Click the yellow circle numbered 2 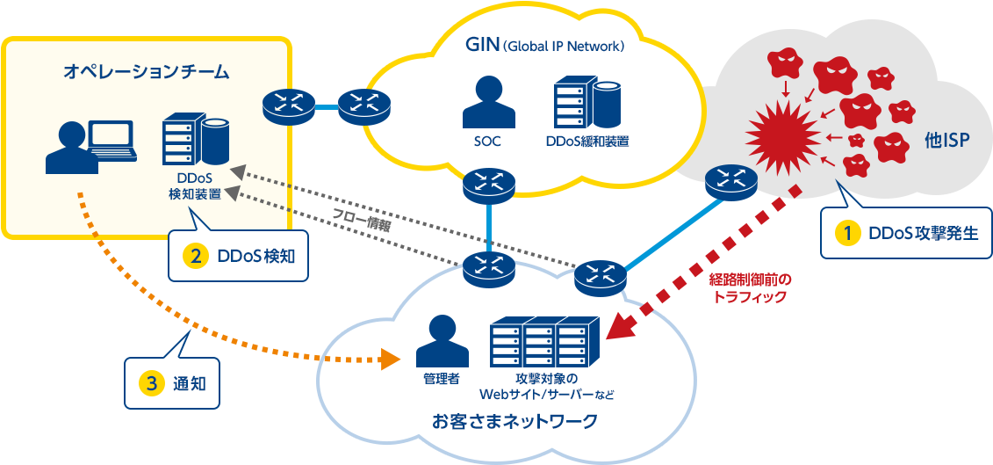[x=194, y=256]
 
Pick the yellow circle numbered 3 [x=152, y=383]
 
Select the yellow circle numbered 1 [x=847, y=233]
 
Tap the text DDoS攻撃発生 [x=922, y=233]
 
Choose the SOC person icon [x=487, y=103]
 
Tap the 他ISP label [x=946, y=140]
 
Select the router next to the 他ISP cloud [x=730, y=182]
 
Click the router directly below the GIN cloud [x=490, y=183]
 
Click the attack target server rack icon [x=545, y=341]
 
